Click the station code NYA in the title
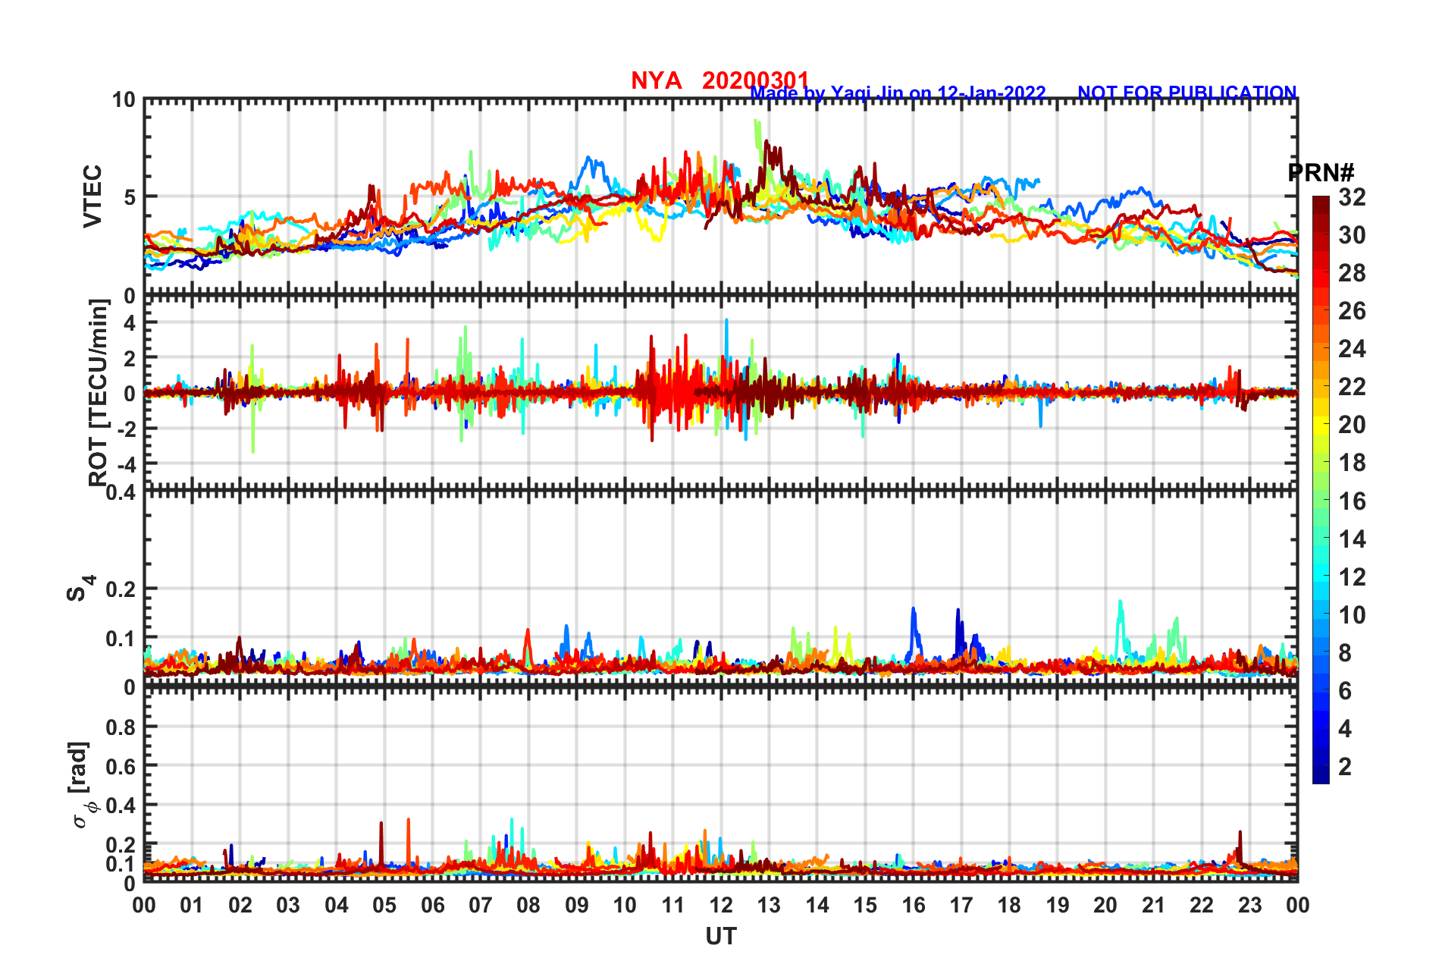click(x=656, y=80)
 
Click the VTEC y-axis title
click(x=92, y=196)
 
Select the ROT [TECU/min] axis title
click(x=99, y=392)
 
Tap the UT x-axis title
click(x=720, y=937)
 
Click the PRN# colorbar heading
click(x=1321, y=173)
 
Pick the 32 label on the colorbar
click(x=1352, y=197)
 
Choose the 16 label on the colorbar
click(x=1352, y=501)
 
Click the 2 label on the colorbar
click(x=1345, y=766)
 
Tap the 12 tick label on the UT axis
click(x=720, y=905)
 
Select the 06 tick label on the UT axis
click(x=432, y=905)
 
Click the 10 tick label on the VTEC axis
click(x=124, y=100)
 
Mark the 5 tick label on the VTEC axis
click(x=130, y=197)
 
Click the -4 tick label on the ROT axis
click(x=124, y=463)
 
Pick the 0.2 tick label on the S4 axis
click(x=121, y=589)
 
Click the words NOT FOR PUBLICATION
click(x=1187, y=93)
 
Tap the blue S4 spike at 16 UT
click(x=914, y=611)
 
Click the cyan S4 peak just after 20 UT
click(x=1120, y=604)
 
